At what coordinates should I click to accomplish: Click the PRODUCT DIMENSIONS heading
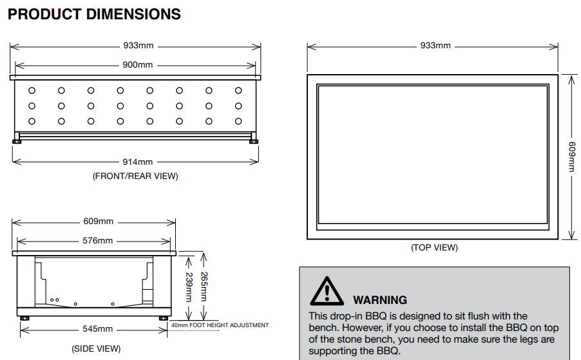coord(94,14)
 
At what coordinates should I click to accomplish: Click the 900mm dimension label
coord(138,65)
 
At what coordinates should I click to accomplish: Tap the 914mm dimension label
coord(138,162)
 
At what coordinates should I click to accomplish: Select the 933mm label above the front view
coord(138,46)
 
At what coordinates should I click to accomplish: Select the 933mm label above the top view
coord(435,46)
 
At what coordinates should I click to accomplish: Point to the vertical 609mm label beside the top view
coord(571,156)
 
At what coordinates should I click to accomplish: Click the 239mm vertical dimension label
coord(189,287)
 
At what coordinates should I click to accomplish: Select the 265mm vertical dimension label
coord(204,287)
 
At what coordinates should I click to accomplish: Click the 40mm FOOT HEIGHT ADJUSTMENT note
coord(220,325)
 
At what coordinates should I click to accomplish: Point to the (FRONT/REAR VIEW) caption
coord(135,176)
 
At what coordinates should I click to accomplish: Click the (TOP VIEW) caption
coord(434,247)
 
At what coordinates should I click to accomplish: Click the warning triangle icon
coord(327,291)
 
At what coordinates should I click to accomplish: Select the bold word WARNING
coord(380,300)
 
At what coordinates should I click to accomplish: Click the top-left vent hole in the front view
coord(32,91)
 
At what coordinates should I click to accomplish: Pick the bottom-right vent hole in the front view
coord(238,121)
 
